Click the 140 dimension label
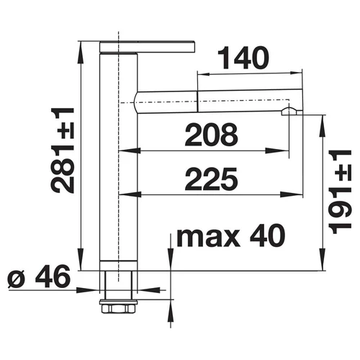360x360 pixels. [243, 58]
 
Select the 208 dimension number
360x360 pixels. [212, 135]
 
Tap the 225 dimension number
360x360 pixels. [212, 179]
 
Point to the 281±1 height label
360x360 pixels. [63, 150]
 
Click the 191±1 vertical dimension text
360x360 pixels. [340, 192]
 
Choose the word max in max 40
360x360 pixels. [208, 238]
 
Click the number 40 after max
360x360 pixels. [267, 235]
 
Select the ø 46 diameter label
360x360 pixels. [39, 276]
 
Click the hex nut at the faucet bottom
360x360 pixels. [119, 308]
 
